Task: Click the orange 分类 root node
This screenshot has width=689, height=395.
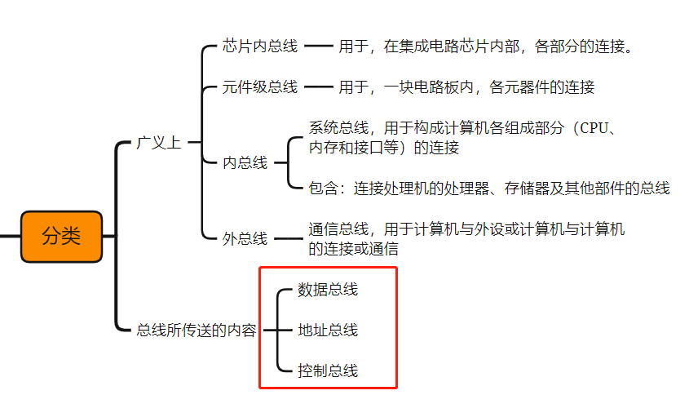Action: pos(62,237)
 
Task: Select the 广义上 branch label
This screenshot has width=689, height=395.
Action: pos(158,143)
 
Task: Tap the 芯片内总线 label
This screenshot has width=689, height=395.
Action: pos(260,47)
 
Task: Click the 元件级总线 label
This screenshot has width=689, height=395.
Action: pos(260,87)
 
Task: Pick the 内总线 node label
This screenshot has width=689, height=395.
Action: pos(245,162)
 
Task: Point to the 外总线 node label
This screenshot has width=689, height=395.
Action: pos(245,239)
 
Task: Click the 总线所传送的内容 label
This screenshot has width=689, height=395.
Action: pos(197,331)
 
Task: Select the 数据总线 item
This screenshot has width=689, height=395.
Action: pos(328,289)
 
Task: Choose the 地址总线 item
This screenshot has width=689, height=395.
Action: pos(328,330)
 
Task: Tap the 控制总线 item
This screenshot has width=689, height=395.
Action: pos(328,371)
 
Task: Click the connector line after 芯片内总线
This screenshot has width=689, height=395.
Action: pos(319,47)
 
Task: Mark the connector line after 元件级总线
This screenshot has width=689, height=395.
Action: pos(319,87)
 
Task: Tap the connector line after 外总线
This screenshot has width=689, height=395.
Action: pos(287,239)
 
